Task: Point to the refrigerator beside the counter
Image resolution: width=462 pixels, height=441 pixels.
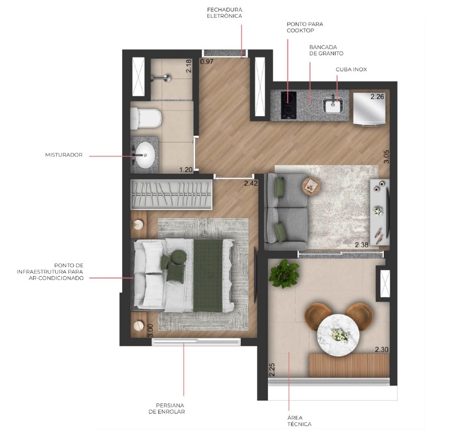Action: [x=369, y=108]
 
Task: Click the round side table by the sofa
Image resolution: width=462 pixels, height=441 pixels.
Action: [x=311, y=184]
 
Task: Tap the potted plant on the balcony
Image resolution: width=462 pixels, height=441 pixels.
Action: [x=284, y=273]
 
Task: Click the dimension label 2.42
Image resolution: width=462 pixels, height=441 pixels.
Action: [x=251, y=183]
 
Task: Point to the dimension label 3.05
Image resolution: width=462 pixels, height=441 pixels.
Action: [x=386, y=157]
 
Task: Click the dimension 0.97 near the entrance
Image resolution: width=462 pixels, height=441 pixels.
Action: [x=207, y=62]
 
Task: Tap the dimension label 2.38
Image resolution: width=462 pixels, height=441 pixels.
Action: [x=361, y=245]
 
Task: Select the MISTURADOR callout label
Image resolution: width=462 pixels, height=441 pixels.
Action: [x=65, y=155]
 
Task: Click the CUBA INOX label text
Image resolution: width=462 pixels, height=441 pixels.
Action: [x=351, y=69]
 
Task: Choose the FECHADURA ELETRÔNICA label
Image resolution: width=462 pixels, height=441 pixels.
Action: [x=224, y=13]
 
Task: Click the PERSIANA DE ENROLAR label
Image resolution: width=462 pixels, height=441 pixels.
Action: [x=170, y=408]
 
